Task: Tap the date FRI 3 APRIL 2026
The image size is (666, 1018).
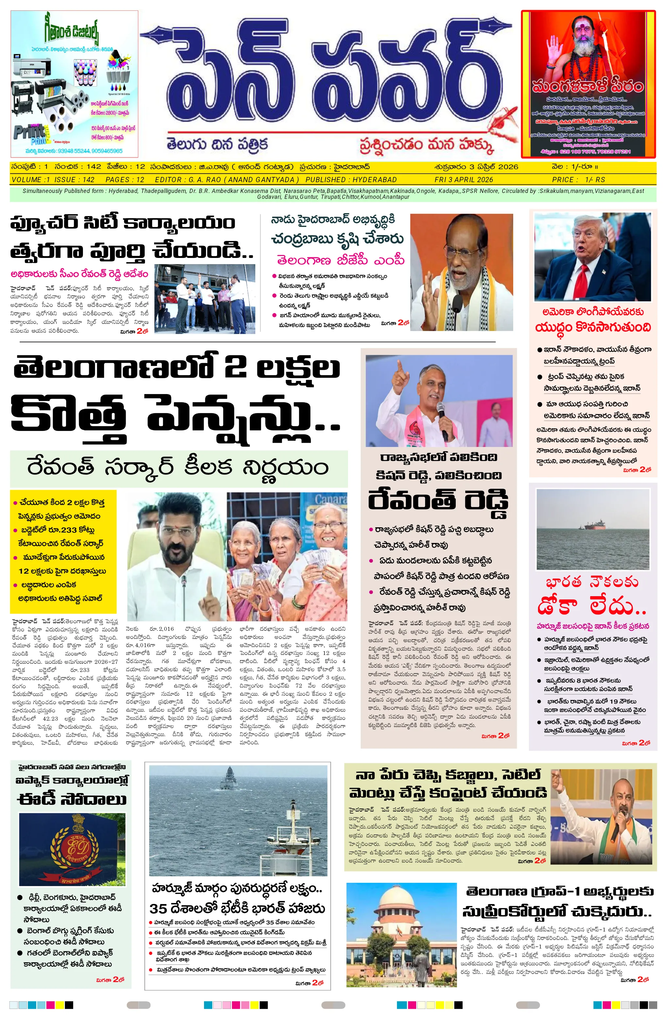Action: pyautogui.click(x=464, y=180)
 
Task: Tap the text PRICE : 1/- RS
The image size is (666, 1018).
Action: pyautogui.click(x=578, y=180)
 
